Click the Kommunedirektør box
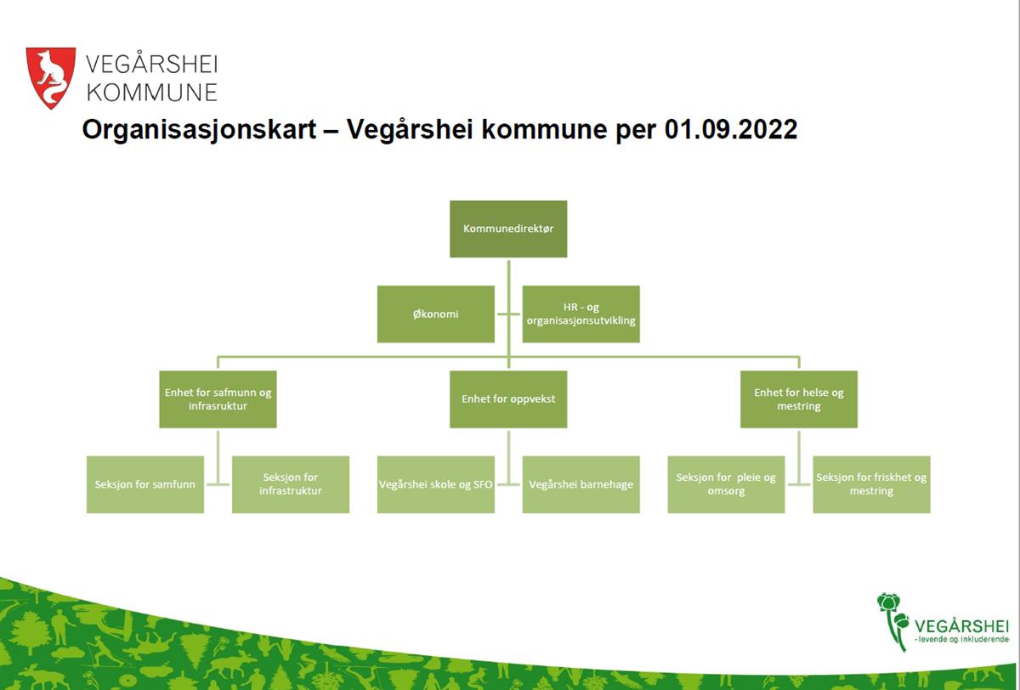tap(508, 229)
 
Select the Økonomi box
tap(436, 314)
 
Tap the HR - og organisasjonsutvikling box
tap(581, 314)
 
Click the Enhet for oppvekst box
tap(508, 399)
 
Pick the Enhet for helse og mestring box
tap(799, 399)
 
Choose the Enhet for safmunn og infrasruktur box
tap(218, 399)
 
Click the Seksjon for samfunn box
tap(145, 484)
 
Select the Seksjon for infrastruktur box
tap(291, 484)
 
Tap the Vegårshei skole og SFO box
tap(436, 484)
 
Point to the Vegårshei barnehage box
tap(581, 484)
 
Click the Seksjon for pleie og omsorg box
tap(726, 484)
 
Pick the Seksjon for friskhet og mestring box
tap(871, 484)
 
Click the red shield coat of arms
tap(50, 77)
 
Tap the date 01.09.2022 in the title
tap(731, 129)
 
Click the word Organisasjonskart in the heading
tap(199, 130)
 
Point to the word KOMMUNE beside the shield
tap(152, 93)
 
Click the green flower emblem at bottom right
tap(892, 621)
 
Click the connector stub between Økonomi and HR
tap(508, 314)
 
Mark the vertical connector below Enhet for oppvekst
tap(508, 457)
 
